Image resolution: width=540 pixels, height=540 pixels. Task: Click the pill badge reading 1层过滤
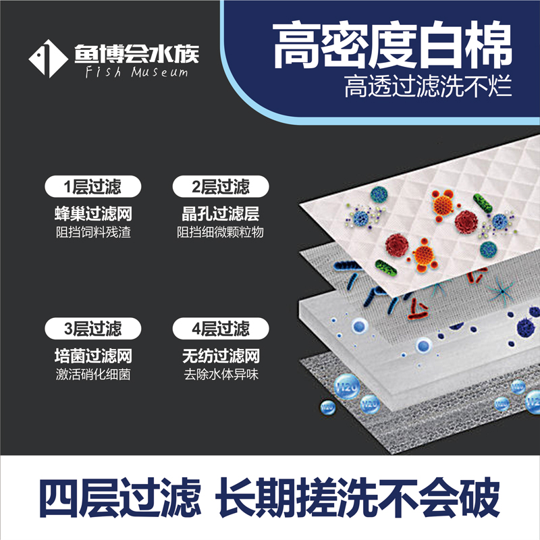(92, 186)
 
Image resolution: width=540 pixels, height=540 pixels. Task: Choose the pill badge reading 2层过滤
(221, 186)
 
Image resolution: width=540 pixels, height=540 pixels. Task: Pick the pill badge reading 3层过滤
(92, 329)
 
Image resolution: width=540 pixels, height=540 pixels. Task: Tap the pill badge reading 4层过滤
(221, 329)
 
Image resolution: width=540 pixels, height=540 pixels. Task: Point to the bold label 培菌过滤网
(92, 356)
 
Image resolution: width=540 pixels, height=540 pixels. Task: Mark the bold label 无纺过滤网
(221, 356)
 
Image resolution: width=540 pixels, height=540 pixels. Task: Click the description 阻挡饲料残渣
(92, 233)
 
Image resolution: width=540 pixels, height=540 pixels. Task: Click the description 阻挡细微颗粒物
(221, 233)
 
